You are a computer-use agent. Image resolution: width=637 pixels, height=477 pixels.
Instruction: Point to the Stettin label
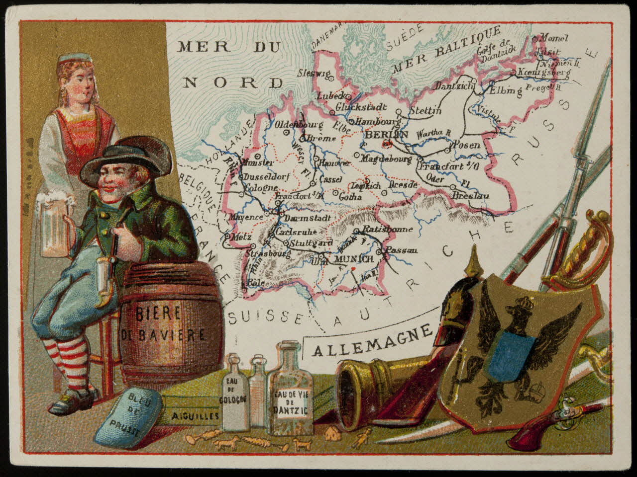(425, 111)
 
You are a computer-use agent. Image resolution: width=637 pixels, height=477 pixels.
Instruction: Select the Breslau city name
(470, 195)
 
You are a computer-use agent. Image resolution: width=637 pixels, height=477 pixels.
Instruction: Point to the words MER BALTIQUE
(445, 50)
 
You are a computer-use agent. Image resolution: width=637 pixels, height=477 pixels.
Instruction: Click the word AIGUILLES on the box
(195, 415)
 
